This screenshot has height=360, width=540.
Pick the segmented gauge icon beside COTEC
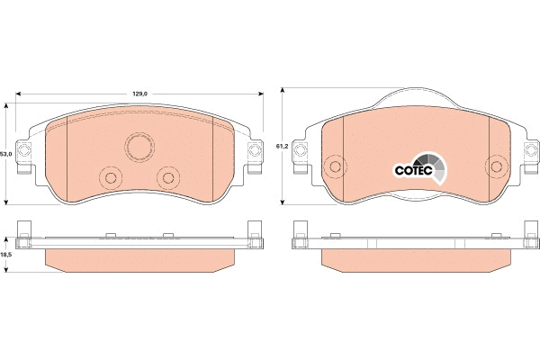434,167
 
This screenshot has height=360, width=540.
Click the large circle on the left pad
139,148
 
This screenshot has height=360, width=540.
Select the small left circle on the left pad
112,176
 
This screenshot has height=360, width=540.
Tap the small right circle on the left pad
167,176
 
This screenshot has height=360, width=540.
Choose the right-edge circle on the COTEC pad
495,166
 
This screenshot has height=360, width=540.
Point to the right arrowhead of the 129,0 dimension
261,93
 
